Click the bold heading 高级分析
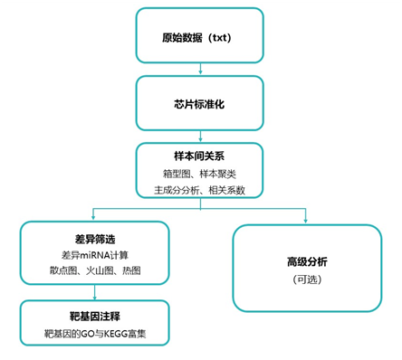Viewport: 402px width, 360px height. coord(307,261)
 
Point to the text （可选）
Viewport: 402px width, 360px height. coord(307,279)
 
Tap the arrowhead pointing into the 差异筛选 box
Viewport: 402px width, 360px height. coord(93,218)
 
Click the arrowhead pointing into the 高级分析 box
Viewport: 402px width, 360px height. coord(307,218)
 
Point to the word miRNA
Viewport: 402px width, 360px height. coord(82,254)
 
